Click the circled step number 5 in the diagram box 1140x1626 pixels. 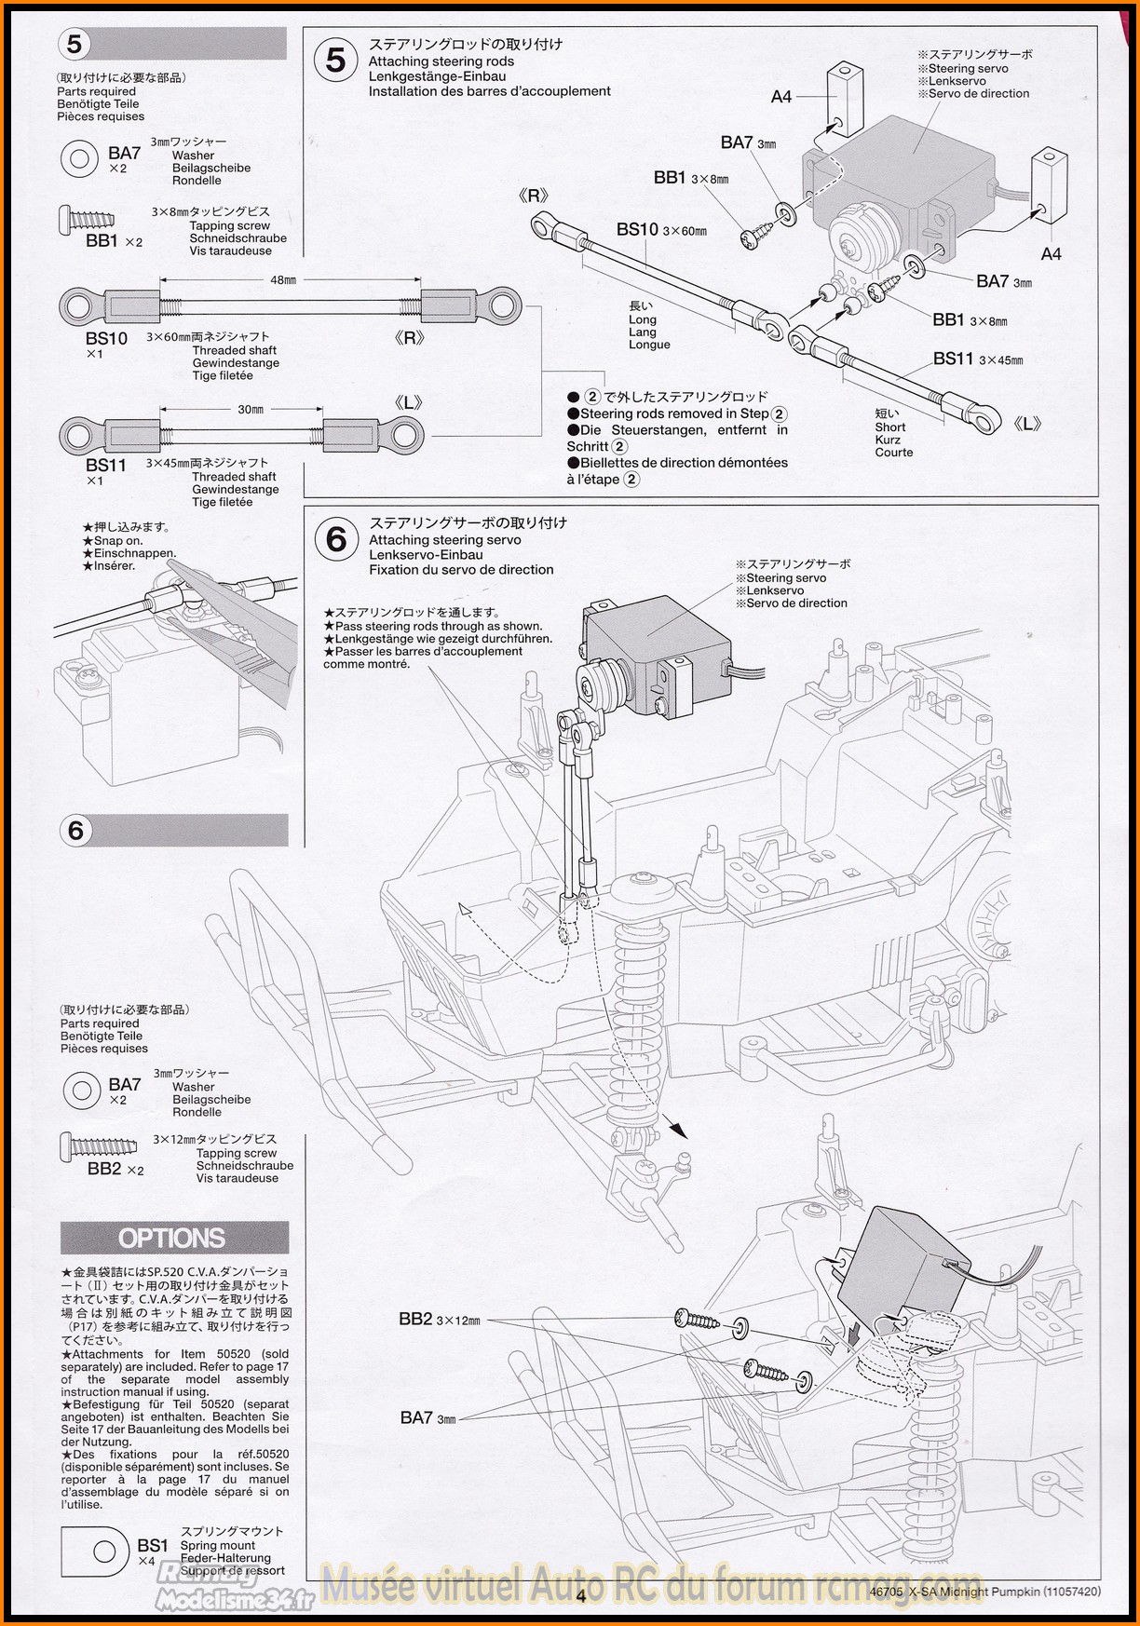pyautogui.click(x=335, y=61)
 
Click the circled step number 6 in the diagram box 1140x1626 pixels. pyautogui.click(x=336, y=539)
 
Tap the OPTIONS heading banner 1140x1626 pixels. pyautogui.click(x=173, y=1239)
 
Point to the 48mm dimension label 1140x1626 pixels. pyautogui.click(x=283, y=279)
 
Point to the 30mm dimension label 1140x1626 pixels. pyautogui.click(x=250, y=409)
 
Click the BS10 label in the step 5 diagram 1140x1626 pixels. pyautogui.click(x=637, y=229)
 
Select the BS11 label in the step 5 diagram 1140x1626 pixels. pyautogui.click(x=953, y=359)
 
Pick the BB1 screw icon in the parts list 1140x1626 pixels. pyautogui.click(x=88, y=220)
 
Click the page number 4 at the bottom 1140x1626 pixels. pyautogui.click(x=580, y=1596)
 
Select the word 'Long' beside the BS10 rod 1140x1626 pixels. pyautogui.click(x=643, y=319)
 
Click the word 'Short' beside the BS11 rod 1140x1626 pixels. pyautogui.click(x=889, y=427)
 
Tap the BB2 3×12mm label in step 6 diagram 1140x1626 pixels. pyautogui.click(x=415, y=1319)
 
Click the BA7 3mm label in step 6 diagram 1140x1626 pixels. pyautogui.click(x=415, y=1417)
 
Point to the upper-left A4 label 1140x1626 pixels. pyautogui.click(x=780, y=96)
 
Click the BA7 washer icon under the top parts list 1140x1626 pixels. pyautogui.click(x=79, y=158)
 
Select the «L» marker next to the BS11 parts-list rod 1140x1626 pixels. pyautogui.click(x=408, y=402)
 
